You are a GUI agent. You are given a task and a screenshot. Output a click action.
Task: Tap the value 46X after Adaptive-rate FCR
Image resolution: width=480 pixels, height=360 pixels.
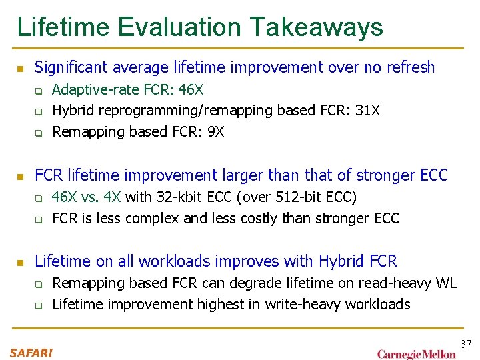pos(191,89)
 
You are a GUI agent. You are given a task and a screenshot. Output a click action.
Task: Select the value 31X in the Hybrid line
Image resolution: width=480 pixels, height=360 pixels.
pos(367,110)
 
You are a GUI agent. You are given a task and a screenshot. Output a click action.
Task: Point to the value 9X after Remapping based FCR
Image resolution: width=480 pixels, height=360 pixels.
pos(215,131)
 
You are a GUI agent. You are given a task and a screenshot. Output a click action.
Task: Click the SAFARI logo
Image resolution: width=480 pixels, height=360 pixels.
pos(31,353)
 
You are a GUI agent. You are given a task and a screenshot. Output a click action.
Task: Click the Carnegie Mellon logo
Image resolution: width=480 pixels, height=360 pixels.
pos(417,353)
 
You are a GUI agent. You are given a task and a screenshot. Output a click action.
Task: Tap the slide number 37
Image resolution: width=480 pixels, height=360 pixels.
pos(465,344)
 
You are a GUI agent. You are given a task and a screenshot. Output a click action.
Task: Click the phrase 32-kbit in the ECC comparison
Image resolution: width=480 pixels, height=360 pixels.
pos(177,197)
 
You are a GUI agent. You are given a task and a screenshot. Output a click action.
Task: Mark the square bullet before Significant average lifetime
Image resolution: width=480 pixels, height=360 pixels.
pos(20,69)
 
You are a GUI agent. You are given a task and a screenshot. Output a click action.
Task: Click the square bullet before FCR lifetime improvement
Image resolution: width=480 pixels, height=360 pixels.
pos(20,177)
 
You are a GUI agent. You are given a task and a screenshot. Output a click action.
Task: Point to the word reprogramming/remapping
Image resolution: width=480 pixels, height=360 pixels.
pos(163,111)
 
